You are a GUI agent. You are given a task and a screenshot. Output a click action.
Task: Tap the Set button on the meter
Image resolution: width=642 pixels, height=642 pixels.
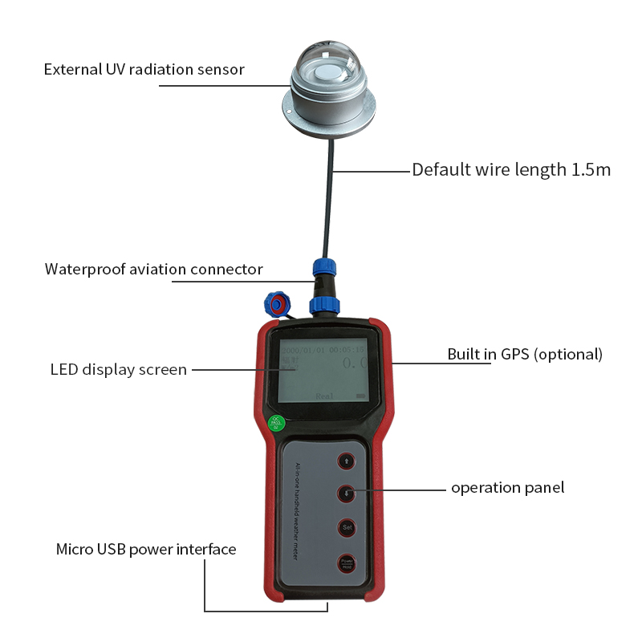pos(347,527)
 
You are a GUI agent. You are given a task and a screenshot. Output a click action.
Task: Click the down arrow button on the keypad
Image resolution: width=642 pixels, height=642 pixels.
pos(347,494)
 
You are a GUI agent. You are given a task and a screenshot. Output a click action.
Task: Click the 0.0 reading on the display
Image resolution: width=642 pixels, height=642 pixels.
pos(354,364)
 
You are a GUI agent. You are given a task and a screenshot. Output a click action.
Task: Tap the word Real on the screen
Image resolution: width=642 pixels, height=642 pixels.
pos(325,396)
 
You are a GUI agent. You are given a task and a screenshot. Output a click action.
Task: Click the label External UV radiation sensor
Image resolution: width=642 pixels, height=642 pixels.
pos(144,69)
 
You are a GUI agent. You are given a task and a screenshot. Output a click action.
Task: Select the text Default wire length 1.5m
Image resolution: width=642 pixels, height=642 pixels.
pos(511,169)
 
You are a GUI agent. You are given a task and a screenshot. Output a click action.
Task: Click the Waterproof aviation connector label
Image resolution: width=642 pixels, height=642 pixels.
pos(153,269)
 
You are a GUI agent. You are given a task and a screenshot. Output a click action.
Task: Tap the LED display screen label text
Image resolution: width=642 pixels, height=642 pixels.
pos(118,370)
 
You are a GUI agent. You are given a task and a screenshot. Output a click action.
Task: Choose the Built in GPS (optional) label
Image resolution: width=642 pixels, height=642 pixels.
pos(524,354)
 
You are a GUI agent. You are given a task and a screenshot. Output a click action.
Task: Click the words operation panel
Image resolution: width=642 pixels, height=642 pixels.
pos(507,487)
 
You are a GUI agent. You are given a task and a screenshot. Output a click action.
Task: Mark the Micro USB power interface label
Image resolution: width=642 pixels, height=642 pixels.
pos(146,550)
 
